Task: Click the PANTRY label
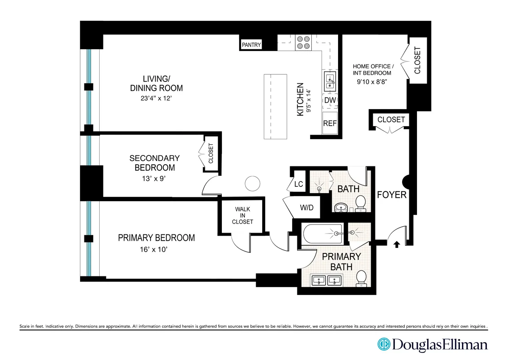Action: pos(252,45)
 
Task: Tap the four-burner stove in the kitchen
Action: pos(304,42)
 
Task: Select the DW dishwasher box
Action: pos(330,101)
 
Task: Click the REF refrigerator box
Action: pos(330,123)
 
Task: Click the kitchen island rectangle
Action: pos(275,107)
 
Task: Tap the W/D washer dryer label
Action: pos(306,208)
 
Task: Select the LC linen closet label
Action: pos(299,184)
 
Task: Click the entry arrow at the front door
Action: pos(397,244)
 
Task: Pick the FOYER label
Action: pos(392,195)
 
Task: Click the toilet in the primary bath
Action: pos(361,278)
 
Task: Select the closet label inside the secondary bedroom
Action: pos(211,154)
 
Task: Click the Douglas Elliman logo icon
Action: pos(384,344)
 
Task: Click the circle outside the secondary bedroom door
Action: pos(252,183)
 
